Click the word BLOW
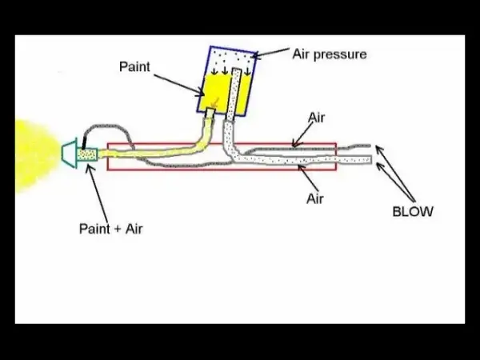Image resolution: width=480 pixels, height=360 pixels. (413, 211)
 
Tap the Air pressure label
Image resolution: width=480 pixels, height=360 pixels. (330, 54)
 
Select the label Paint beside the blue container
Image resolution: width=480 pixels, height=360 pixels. (134, 66)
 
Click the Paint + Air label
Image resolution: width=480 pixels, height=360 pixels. (111, 229)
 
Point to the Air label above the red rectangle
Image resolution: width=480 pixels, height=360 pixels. (316, 118)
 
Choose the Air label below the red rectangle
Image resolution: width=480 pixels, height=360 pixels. (315, 198)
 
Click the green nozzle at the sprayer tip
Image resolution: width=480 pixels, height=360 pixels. (70, 154)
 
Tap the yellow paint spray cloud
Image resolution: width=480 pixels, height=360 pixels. (37, 156)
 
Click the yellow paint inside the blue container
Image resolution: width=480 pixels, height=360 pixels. (217, 92)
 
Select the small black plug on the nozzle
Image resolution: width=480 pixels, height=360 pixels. (84, 143)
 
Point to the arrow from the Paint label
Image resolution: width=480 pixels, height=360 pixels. (179, 85)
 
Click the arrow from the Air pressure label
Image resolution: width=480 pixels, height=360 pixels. (270, 52)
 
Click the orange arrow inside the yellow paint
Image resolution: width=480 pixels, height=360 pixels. (215, 103)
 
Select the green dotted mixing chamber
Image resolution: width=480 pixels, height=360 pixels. (87, 154)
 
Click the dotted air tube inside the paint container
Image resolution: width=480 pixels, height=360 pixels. (234, 94)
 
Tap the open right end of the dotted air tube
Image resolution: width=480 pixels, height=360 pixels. (371, 159)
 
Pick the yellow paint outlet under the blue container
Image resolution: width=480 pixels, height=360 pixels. (210, 113)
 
